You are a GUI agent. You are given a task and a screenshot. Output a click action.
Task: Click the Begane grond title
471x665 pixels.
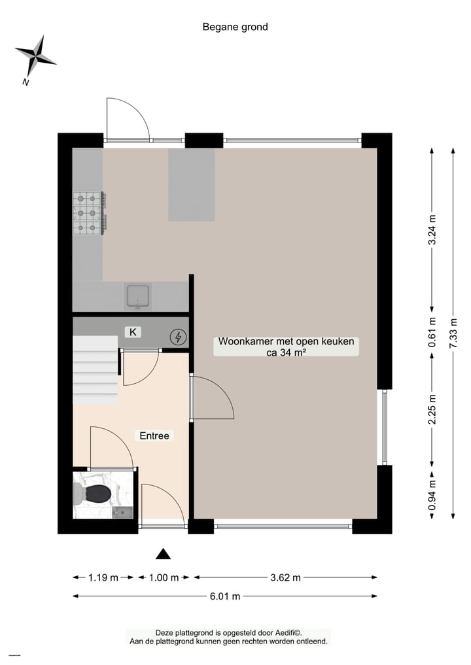[x=235, y=27]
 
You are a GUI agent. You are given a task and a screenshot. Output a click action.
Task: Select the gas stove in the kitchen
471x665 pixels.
[x=89, y=213]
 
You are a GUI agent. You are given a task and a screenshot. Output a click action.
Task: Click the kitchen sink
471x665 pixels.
[x=139, y=296]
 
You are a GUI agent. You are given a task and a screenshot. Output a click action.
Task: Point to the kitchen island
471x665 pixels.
[x=192, y=184]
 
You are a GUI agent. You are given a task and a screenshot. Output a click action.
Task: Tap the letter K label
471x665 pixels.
[x=133, y=332]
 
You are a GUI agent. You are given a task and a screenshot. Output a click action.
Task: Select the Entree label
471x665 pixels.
[x=154, y=435]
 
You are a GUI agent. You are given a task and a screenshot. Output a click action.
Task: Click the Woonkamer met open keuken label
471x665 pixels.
[x=287, y=347]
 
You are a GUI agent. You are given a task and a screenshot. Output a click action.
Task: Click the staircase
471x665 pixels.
[x=95, y=370]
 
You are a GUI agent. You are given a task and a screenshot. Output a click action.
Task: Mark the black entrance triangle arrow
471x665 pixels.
[x=163, y=554]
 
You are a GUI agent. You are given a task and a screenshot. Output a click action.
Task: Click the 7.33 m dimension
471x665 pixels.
[x=454, y=333]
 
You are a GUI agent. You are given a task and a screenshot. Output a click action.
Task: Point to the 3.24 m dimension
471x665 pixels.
[x=431, y=230]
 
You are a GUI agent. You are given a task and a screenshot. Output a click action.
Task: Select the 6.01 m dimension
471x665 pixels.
[x=225, y=596]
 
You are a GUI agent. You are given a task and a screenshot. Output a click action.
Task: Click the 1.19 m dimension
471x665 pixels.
[x=103, y=577]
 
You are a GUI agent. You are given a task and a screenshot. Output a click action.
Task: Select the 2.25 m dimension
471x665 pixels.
[x=431, y=409]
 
